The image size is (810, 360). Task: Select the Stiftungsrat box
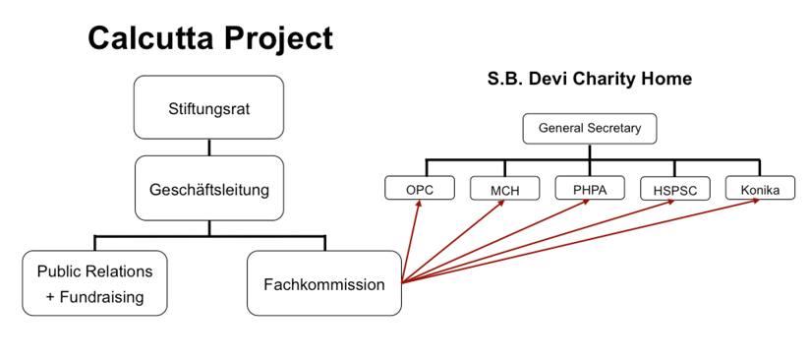(208, 107)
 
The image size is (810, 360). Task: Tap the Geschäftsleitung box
(209, 188)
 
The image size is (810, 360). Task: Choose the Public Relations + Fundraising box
(94, 283)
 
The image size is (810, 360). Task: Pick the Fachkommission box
(323, 283)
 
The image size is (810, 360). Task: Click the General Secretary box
(590, 128)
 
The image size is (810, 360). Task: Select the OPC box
(420, 188)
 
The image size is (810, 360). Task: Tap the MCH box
(504, 188)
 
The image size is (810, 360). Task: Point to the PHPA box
(590, 188)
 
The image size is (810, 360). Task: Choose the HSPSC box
(674, 189)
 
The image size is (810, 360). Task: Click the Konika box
(759, 188)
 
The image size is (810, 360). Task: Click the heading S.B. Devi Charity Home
(590, 79)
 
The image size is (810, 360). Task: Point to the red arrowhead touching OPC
(419, 204)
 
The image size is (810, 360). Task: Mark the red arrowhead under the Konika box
(756, 201)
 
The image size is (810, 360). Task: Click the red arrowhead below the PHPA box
(586, 202)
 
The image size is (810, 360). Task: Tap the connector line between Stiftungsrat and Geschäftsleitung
(209, 148)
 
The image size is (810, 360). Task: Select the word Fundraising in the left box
(102, 297)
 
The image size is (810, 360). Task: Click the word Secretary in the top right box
(616, 128)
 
